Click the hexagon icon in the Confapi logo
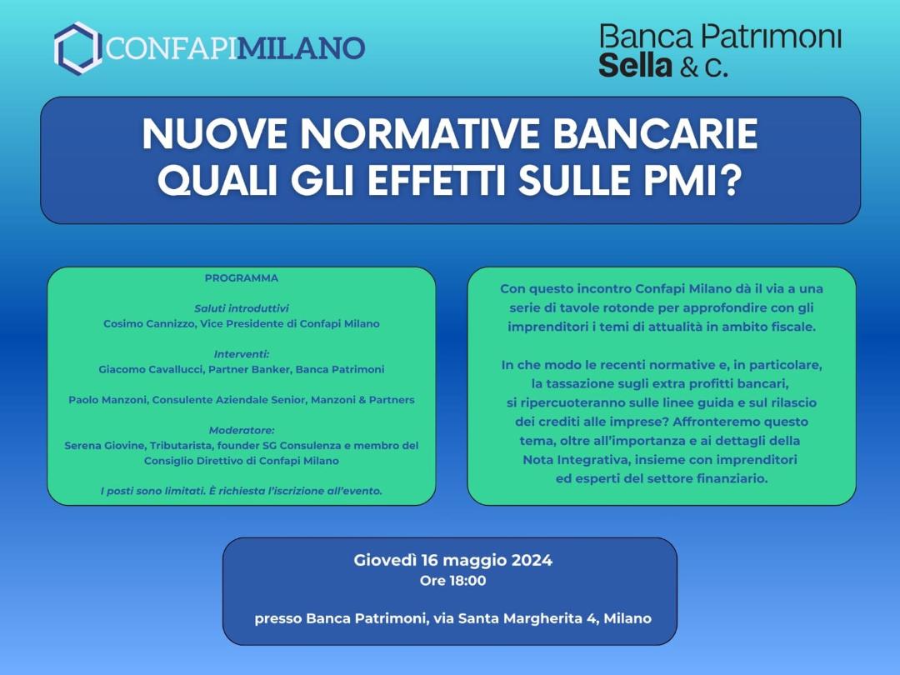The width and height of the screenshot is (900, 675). point(77,48)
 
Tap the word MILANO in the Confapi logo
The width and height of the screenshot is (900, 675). point(301,48)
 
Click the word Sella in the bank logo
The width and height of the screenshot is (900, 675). point(635,65)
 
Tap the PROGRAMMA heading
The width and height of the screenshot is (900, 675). point(242,278)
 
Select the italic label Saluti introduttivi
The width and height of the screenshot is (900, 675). point(242,309)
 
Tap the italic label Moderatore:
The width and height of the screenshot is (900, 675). point(242,431)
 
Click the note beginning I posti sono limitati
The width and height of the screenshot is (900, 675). point(242,492)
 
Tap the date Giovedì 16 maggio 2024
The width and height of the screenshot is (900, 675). point(452,560)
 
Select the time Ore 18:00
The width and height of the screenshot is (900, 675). point(452,581)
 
